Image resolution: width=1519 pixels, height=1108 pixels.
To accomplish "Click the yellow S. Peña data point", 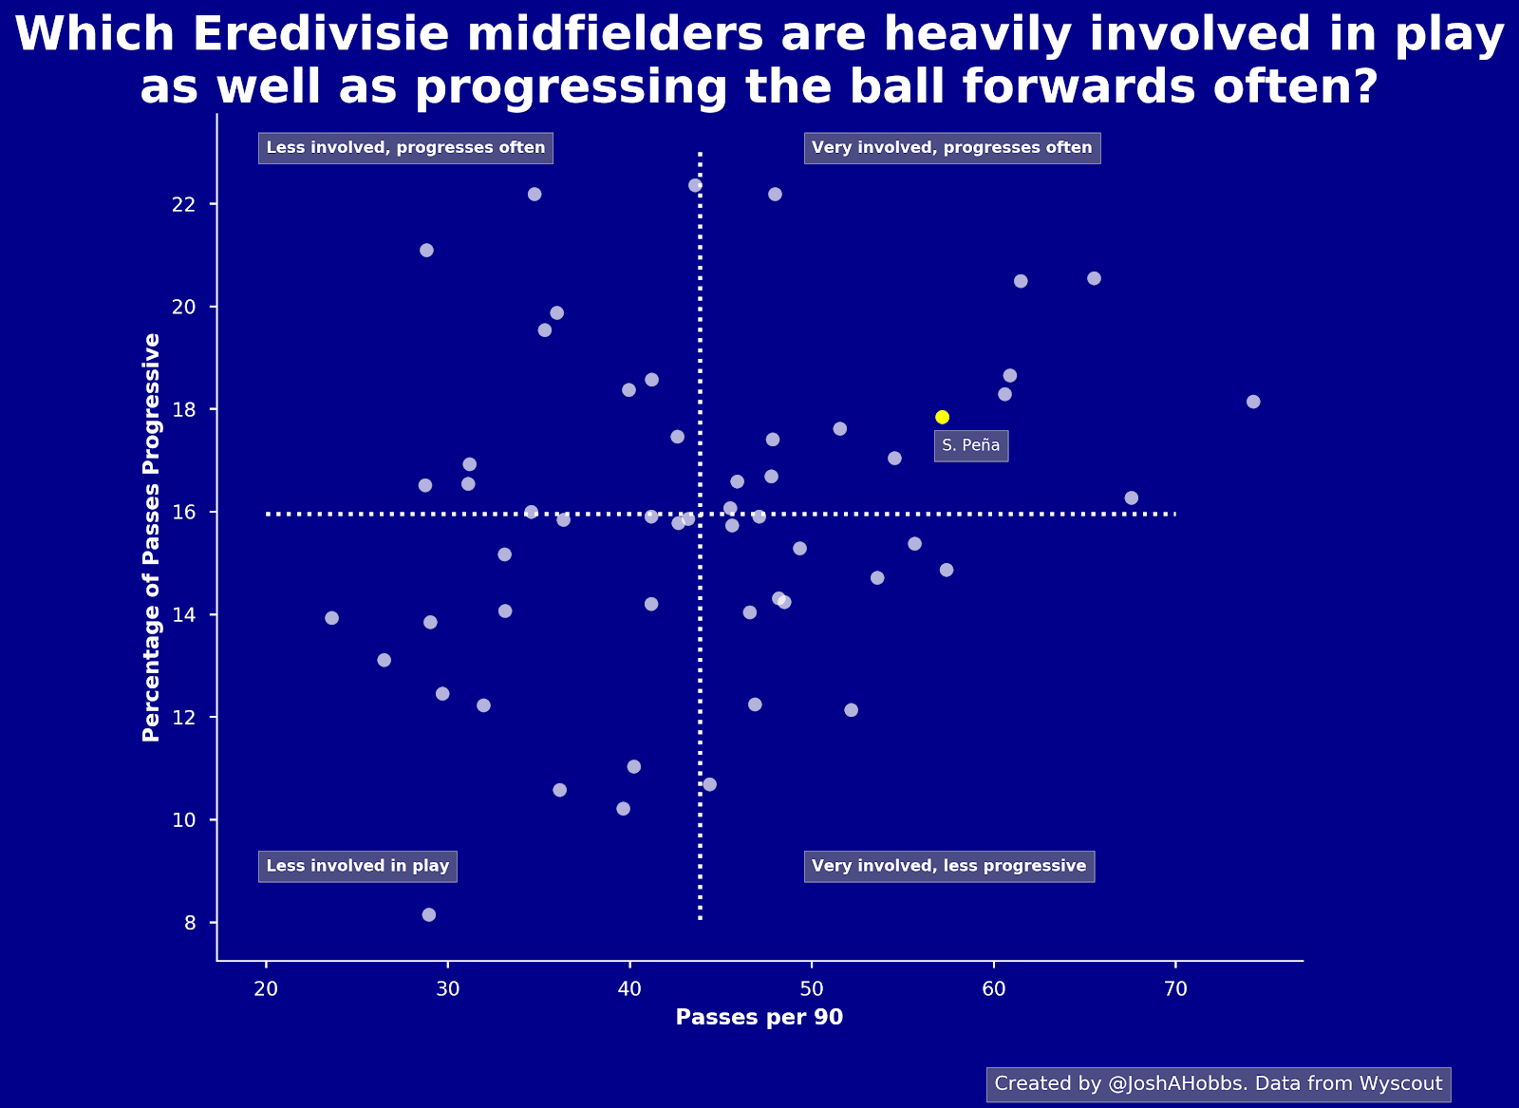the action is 942,417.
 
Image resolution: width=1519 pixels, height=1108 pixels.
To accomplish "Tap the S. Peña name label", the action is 971,445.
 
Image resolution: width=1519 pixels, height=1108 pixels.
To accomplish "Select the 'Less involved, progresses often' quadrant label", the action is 405,148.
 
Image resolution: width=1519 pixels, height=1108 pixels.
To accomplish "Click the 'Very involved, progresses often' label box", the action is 952,148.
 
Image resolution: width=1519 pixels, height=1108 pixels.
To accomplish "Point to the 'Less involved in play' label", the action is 357,866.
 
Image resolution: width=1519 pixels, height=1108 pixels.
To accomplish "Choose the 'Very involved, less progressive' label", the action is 949,866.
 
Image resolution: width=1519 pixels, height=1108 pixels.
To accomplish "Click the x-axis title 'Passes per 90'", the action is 759,1017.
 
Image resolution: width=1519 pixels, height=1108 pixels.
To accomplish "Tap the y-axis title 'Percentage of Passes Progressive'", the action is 151,537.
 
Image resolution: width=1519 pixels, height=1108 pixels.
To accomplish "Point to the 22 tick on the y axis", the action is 184,205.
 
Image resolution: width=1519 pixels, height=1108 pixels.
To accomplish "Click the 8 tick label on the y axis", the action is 190,923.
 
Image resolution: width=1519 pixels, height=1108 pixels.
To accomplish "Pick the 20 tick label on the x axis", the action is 266,989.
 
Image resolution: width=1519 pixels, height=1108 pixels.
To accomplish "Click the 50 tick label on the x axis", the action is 812,989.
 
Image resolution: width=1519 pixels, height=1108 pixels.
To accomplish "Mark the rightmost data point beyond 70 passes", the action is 1253,403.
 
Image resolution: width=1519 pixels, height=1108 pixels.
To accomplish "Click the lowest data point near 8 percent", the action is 428,914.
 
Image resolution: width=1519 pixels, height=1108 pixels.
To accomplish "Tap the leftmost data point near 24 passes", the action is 331,618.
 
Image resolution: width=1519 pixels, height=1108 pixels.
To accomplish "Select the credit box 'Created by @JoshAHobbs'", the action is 1219,1083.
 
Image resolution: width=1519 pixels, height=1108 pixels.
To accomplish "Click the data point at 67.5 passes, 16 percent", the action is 1131,498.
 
